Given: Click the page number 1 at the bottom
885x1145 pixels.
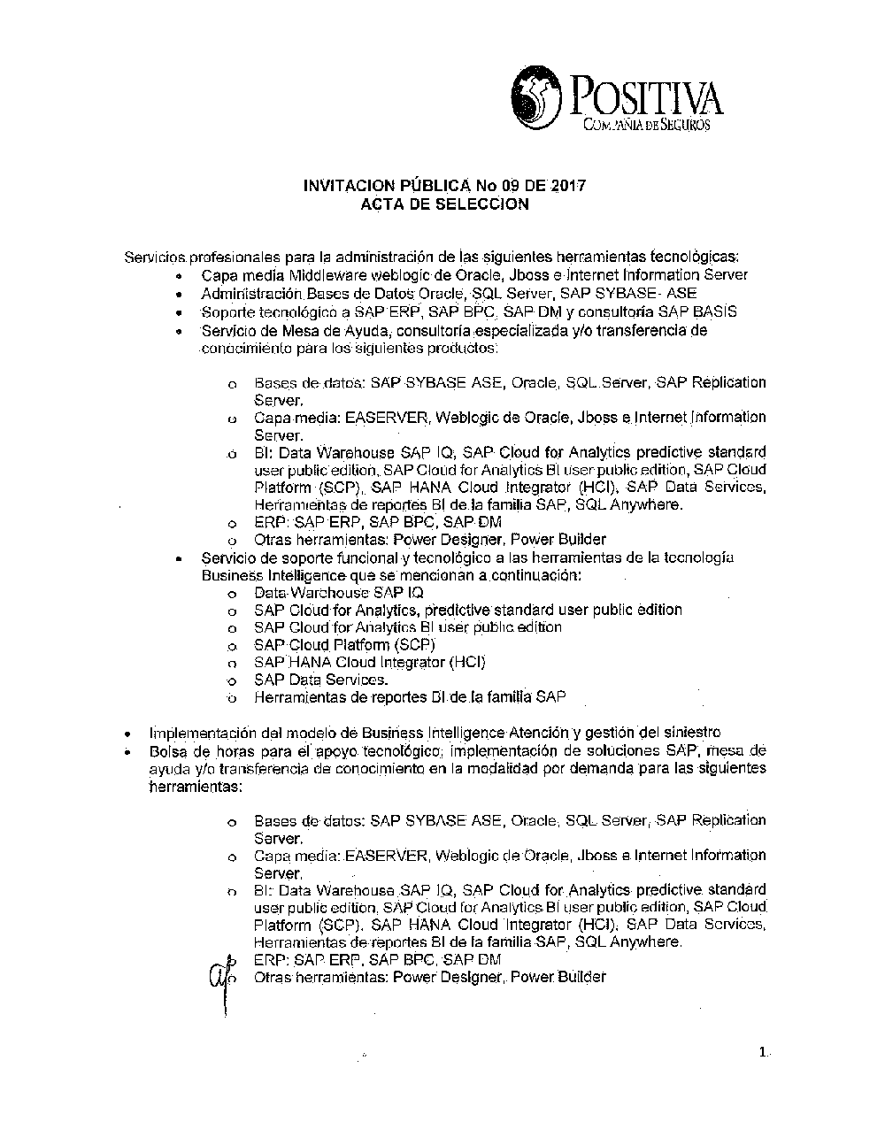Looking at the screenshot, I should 763,1053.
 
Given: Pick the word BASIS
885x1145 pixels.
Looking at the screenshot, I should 714,311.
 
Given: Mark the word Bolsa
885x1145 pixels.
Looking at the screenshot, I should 165,750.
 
